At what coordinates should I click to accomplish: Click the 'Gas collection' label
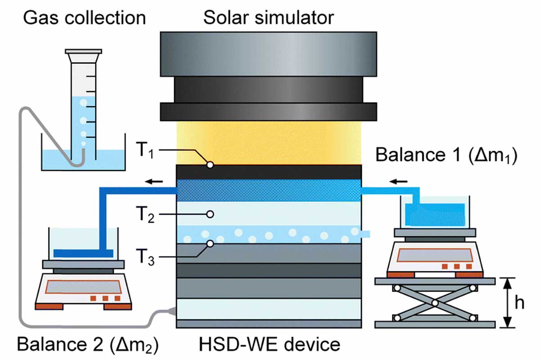85,18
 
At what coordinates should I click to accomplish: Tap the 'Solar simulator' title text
269,18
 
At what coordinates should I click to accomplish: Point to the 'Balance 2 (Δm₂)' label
88,345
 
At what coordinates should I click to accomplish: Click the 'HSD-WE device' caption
269,345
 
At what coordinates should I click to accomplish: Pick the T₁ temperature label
145,150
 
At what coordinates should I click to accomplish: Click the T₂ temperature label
145,214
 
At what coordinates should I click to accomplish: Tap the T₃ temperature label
145,257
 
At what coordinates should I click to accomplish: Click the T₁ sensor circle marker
210,165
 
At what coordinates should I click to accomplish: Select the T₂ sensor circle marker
210,214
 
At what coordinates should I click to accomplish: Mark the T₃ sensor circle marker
210,244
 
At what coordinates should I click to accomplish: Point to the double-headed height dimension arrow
508,303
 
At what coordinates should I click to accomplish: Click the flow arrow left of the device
154,181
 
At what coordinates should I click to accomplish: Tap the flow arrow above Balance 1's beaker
398,181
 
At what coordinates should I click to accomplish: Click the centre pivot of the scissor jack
435,303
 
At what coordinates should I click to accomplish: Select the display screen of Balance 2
83,287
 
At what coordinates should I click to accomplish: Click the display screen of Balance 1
435,255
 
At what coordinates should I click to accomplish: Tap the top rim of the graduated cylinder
83,51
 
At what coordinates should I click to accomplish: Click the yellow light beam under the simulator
269,143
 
